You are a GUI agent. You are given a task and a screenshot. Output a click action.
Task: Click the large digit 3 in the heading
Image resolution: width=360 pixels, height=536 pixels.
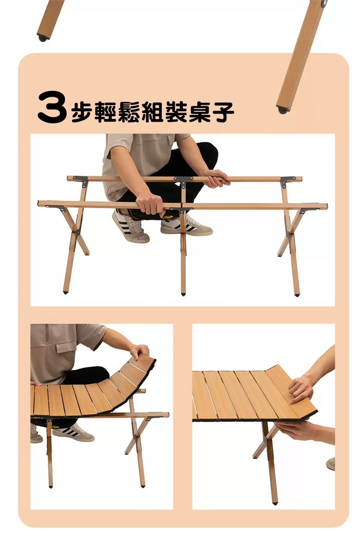pyautogui.click(x=52, y=107)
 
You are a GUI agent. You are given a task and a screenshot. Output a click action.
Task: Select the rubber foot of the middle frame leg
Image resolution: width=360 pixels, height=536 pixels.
pyautogui.click(x=183, y=294)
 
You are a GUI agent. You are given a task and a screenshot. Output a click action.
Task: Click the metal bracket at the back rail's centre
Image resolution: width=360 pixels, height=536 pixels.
pyautogui.click(x=183, y=182)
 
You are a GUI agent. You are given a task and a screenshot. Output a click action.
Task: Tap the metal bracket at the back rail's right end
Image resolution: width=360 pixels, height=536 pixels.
pyautogui.click(x=288, y=182)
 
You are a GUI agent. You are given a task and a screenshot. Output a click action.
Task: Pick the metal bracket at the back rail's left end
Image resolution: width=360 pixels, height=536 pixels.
pyautogui.click(x=81, y=181)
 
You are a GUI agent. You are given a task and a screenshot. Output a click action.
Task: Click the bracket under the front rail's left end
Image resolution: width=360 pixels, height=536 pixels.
pyautogui.click(x=57, y=208)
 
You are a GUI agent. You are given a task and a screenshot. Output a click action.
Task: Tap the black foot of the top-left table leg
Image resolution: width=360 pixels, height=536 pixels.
pyautogui.click(x=43, y=38)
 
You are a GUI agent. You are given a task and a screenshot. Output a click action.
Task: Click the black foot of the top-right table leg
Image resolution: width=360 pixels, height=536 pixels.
pyautogui.click(x=283, y=110)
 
